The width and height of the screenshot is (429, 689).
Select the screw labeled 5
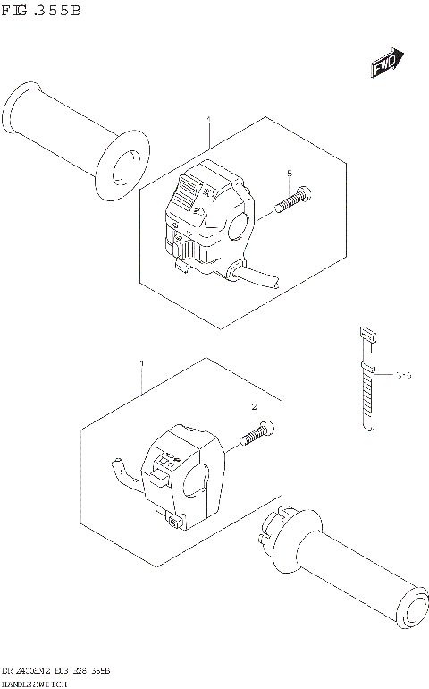(293, 200)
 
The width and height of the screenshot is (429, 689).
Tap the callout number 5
(290, 173)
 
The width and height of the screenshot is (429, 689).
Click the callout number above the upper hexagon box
(208, 120)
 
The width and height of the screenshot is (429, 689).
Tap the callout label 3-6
(402, 376)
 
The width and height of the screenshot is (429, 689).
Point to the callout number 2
(254, 407)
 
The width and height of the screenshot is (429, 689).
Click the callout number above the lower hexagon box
(140, 363)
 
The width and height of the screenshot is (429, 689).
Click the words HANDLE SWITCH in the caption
(36, 683)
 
